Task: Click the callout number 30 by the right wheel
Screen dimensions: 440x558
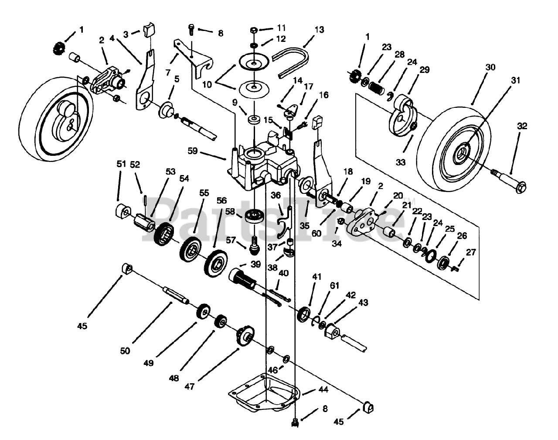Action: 490,68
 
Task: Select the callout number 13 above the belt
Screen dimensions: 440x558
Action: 319,30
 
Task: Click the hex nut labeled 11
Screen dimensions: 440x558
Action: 254,30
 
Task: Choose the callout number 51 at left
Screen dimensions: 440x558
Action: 121,164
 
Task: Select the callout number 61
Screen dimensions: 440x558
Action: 334,286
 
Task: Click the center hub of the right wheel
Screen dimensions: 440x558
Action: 462,153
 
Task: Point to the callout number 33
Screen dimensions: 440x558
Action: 401,162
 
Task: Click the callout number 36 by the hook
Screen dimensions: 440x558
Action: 276,196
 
